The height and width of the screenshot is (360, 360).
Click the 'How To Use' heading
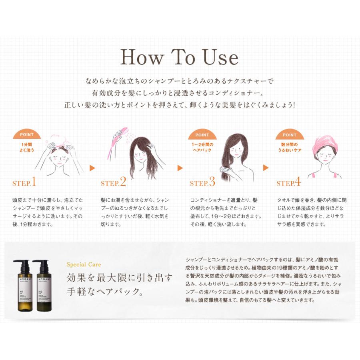[x=179, y=57]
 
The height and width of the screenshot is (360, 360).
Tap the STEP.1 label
[x=24, y=183]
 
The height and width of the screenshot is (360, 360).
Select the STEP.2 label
[x=113, y=183]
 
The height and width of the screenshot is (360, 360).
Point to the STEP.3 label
[x=202, y=183]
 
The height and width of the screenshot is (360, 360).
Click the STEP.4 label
[x=288, y=183]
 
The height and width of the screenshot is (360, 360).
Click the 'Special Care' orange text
[x=84, y=264]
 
